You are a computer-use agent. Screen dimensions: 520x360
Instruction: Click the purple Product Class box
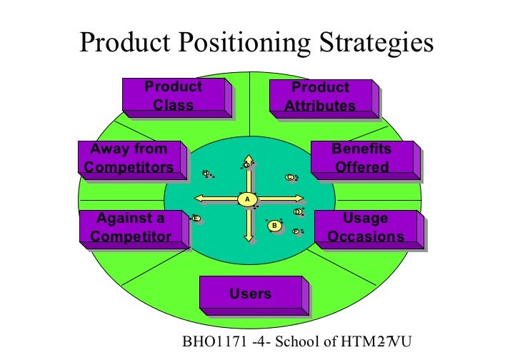click(x=174, y=96)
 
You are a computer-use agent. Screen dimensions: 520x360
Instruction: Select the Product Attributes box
click(x=320, y=96)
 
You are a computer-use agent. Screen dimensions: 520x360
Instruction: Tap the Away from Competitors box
click(x=129, y=158)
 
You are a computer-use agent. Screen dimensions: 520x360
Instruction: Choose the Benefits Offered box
click(x=361, y=158)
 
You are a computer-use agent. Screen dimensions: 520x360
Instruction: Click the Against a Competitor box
click(x=134, y=227)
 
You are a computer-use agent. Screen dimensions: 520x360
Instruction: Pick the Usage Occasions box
click(x=366, y=227)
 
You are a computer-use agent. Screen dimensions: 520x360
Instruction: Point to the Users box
click(x=251, y=294)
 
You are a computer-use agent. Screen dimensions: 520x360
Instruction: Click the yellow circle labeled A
click(x=246, y=198)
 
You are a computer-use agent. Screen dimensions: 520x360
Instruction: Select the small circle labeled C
click(x=289, y=177)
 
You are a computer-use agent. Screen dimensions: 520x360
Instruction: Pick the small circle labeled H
click(x=206, y=173)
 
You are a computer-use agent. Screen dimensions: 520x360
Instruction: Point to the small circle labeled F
click(x=296, y=231)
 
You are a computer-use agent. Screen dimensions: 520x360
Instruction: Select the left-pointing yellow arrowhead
click(x=197, y=198)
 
